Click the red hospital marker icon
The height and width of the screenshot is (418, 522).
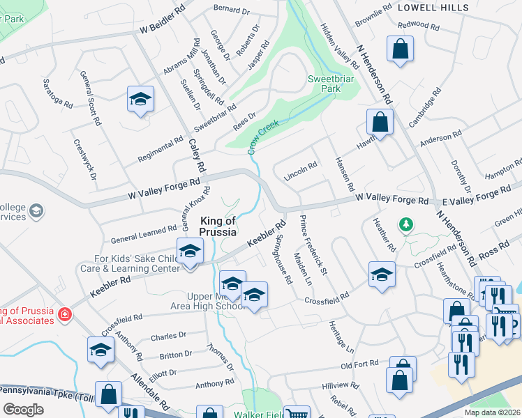(x=65, y=315)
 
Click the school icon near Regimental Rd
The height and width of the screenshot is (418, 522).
(x=140, y=100)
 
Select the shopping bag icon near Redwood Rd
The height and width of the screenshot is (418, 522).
(x=401, y=49)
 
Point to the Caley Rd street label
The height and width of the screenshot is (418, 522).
(x=198, y=155)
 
